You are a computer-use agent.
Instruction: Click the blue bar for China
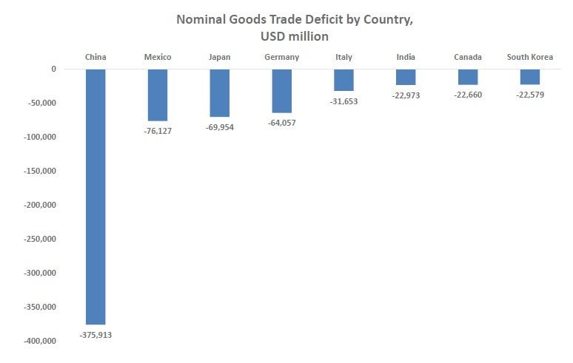coord(95,197)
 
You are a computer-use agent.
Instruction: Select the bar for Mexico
coord(158,95)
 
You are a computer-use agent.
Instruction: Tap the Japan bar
coord(220,92)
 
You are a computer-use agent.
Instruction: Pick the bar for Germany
coord(282,90)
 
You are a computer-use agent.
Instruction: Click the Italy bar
coord(344,80)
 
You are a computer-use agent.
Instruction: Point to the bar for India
coord(406,77)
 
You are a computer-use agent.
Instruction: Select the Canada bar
coord(468,77)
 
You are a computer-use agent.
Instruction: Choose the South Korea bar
coord(530,77)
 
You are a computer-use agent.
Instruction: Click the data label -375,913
coord(95,335)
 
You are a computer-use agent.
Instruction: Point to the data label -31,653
coord(344,101)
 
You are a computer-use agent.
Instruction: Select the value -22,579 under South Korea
coord(530,95)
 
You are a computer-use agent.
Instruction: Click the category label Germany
coord(282,57)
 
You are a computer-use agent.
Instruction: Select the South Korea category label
coord(530,57)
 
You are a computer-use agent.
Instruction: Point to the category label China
coord(95,57)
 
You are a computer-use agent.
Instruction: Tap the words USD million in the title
coord(295,35)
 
